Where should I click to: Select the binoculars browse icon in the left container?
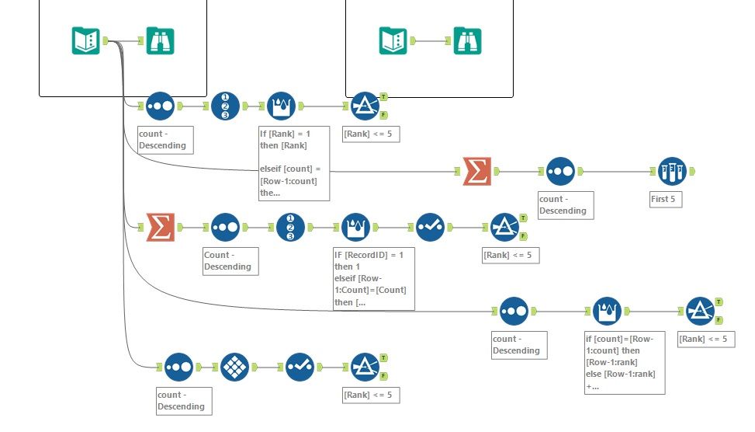[160, 40]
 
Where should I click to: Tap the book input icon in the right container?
[393, 40]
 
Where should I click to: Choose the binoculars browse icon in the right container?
[468, 40]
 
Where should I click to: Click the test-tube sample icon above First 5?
[672, 171]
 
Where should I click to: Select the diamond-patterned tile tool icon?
[234, 367]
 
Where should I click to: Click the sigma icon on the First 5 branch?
[476, 171]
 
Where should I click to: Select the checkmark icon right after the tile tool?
[299, 367]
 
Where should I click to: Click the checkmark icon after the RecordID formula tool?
[430, 227]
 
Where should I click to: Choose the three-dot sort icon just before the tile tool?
[178, 367]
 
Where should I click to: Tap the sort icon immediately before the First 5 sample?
[560, 171]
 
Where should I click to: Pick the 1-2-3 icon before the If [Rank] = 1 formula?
[225, 106]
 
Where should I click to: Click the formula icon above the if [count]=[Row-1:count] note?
[608, 311]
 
